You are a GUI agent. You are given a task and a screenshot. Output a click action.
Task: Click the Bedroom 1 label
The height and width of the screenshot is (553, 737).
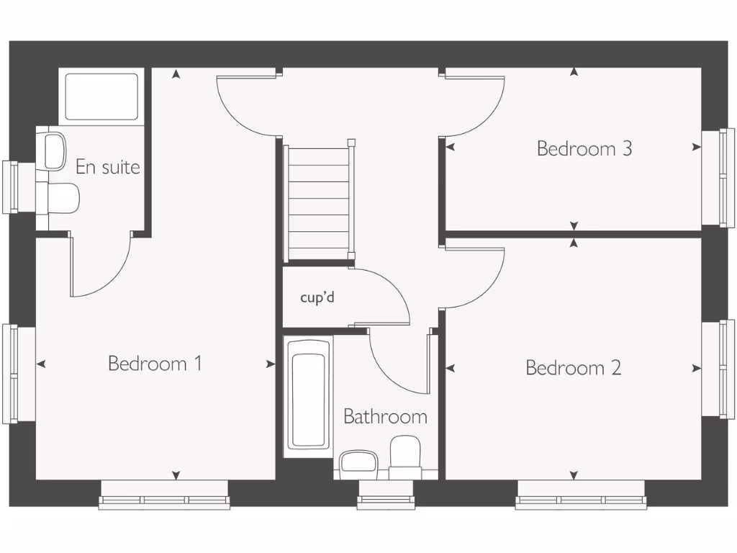tap(155, 363)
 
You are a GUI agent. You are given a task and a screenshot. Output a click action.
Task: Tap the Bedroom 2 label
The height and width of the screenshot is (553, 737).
tap(574, 368)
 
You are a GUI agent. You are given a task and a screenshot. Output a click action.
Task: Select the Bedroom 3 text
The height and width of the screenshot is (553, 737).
tap(584, 148)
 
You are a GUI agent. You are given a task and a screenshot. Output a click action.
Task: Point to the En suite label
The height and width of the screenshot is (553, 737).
tap(108, 167)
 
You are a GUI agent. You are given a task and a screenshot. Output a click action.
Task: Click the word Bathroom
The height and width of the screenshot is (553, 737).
tap(385, 416)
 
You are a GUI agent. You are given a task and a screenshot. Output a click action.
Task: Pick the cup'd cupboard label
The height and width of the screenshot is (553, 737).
tap(317, 297)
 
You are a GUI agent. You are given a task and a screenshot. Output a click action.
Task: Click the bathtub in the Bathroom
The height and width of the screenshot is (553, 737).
tap(309, 395)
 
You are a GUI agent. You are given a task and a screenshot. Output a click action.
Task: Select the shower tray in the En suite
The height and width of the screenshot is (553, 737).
tap(101, 96)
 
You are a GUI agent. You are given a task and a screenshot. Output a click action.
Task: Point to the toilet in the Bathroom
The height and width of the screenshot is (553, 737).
tap(404, 458)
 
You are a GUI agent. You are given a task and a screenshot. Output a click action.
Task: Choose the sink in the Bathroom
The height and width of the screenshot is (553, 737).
tap(358, 462)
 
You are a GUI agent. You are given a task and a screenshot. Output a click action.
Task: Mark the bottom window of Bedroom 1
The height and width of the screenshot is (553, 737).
tap(164, 495)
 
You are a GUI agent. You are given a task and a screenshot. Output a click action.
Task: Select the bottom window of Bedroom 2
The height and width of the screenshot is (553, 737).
tap(580, 495)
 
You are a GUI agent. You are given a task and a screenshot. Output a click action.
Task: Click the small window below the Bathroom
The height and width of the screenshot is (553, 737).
tap(386, 495)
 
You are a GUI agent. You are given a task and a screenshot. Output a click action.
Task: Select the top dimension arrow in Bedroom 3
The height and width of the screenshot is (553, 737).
tap(574, 72)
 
